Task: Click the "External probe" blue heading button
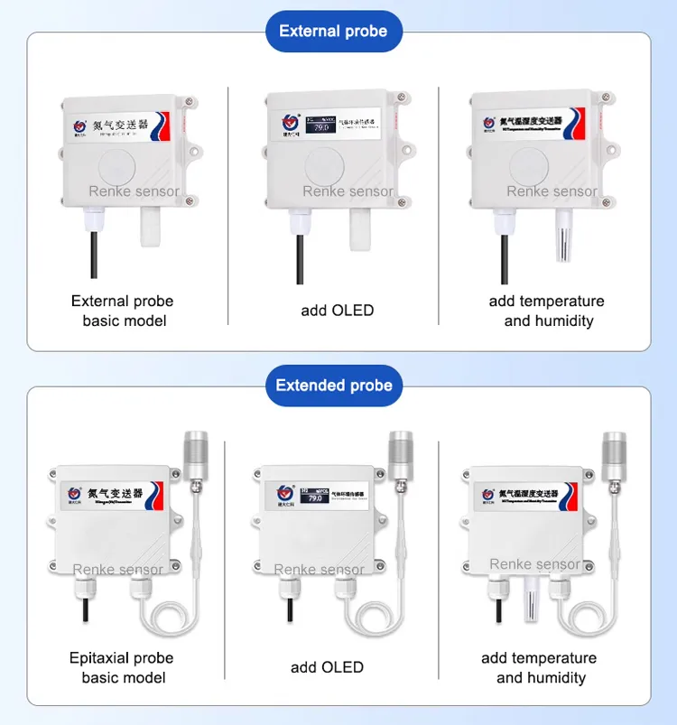pyautogui.click(x=333, y=32)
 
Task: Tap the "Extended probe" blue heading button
pyautogui.click(x=334, y=386)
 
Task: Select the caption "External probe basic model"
pyautogui.click(x=123, y=311)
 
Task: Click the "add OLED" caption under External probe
pyautogui.click(x=338, y=311)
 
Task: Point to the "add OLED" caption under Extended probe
pyautogui.click(x=327, y=667)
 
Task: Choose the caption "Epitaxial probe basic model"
pyautogui.click(x=122, y=667)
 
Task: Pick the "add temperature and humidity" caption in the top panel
pyautogui.click(x=546, y=311)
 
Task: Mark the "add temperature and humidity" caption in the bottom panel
pyautogui.click(x=540, y=667)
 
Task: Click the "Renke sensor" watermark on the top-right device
pyautogui.click(x=552, y=191)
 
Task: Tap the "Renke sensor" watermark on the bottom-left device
pyautogui.click(x=118, y=569)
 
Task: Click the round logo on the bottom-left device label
pyautogui.click(x=75, y=494)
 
